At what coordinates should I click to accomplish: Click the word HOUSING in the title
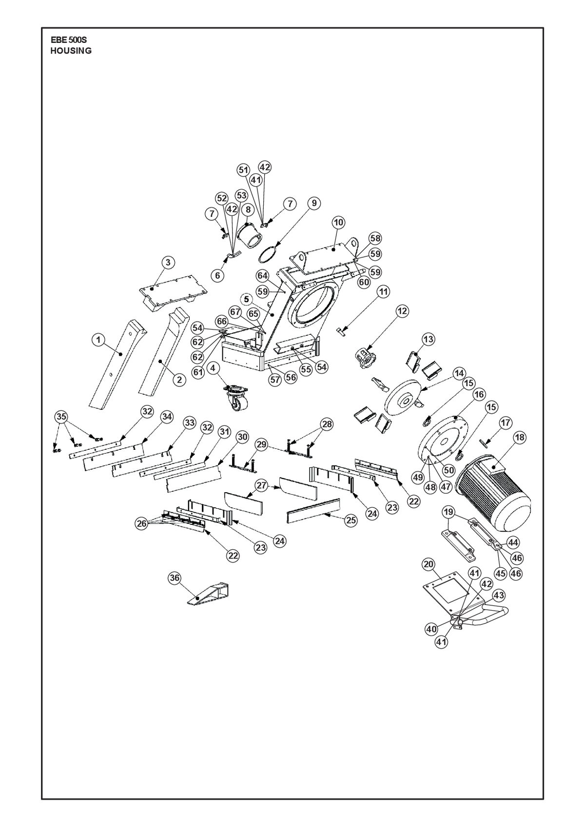(71, 51)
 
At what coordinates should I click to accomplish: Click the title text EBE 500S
(69, 39)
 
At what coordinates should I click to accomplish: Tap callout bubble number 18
(520, 438)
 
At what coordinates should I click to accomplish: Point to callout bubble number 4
(213, 367)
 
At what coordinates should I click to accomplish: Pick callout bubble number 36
(175, 578)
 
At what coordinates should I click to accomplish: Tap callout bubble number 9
(314, 203)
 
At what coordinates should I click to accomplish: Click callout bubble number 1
(98, 340)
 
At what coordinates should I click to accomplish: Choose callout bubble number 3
(168, 263)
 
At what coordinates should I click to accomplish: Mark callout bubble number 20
(429, 564)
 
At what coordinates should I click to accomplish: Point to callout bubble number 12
(402, 311)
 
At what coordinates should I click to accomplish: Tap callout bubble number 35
(61, 417)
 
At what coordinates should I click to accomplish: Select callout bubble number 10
(339, 222)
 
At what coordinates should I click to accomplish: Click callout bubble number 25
(351, 520)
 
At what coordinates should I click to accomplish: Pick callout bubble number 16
(479, 395)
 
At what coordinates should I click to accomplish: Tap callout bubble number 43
(499, 595)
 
